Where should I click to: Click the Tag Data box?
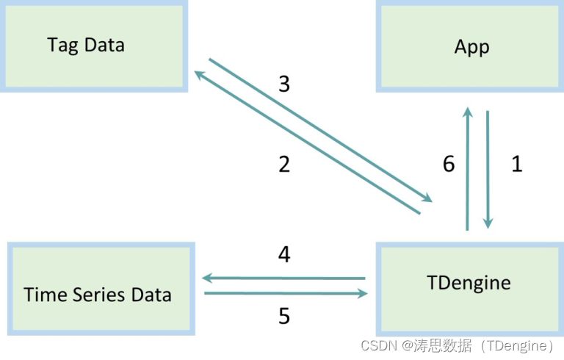pyautogui.click(x=93, y=46)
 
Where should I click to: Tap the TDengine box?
pyautogui.click(x=469, y=287)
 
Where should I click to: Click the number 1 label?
pyautogui.click(x=516, y=164)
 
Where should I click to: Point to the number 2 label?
pyautogui.click(x=284, y=164)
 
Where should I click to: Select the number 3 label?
pyautogui.click(x=284, y=84)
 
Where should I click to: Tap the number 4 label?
pyautogui.click(x=284, y=255)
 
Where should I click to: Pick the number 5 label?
pyautogui.click(x=284, y=316)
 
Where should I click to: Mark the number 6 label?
pyautogui.click(x=449, y=164)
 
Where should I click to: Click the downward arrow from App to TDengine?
pyautogui.click(x=487, y=169)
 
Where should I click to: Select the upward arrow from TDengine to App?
pyautogui.click(x=466, y=169)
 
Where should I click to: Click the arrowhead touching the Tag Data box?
pyautogui.click(x=199, y=74)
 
